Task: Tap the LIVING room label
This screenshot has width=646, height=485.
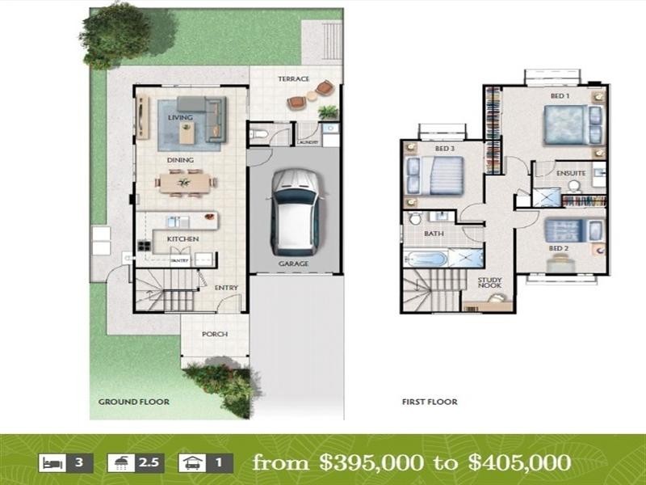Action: (x=181, y=117)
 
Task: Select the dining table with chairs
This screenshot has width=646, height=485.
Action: (x=185, y=183)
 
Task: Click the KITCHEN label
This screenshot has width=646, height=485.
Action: (x=182, y=239)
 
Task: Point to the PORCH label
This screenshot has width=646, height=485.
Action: (x=215, y=334)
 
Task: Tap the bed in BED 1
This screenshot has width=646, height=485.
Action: (x=568, y=124)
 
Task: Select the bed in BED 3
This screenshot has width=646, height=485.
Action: (x=435, y=175)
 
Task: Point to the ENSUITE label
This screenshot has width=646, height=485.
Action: (x=571, y=173)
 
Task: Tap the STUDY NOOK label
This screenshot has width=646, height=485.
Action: (x=489, y=284)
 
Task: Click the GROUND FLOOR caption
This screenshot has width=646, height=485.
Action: (x=133, y=401)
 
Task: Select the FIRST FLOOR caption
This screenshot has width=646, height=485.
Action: (x=430, y=401)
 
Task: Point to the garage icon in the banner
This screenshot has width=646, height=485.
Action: (x=191, y=464)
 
